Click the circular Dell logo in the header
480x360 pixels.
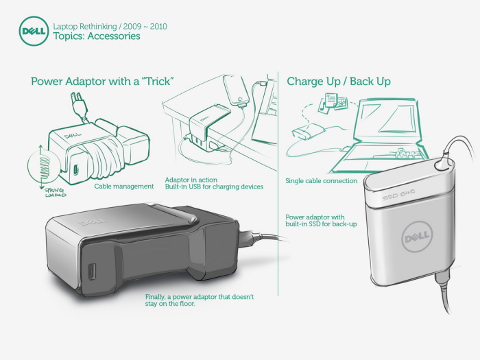coord(34,32)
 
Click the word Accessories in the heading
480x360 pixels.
coord(114,36)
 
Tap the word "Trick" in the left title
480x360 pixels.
coord(158,82)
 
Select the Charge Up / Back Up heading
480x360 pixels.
coord(339,82)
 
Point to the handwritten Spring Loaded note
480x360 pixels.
coord(55,193)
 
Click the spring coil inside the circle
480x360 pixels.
coord(45,167)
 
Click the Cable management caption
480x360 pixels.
coord(124,187)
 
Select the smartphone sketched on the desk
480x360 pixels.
coord(237,91)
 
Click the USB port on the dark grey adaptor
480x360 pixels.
coord(92,272)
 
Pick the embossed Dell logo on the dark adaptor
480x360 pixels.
coord(93,221)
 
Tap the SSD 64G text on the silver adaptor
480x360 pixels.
coord(398,195)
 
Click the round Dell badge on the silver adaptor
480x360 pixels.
coord(417,237)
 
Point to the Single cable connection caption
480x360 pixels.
coord(322,181)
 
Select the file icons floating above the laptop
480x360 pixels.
coord(334,103)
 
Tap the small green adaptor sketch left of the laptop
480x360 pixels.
coord(308,132)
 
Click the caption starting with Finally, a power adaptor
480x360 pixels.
coord(200,300)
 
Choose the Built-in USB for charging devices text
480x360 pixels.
coord(214,187)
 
